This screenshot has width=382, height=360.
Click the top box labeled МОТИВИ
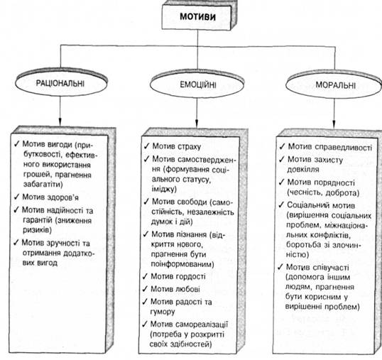pyautogui.click(x=197, y=16)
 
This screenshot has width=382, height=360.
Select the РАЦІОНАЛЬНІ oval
pyautogui.click(x=61, y=83)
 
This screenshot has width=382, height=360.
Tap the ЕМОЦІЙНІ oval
pyautogui.click(x=197, y=84)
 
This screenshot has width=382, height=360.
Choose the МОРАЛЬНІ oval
pyautogui.click(x=334, y=85)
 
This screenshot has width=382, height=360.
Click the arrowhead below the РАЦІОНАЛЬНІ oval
pyautogui.click(x=60, y=121)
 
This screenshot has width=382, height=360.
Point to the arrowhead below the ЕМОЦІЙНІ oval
pyautogui.click(x=197, y=123)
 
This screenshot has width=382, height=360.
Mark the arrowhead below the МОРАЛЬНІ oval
pyautogui.click(x=334, y=124)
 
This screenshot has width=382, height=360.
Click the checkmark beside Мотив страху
pyautogui.click(x=147, y=146)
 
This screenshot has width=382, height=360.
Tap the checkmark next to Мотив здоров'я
pyautogui.click(x=16, y=196)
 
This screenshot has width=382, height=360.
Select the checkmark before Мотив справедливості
pyautogui.click(x=283, y=146)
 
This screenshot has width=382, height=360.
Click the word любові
pyautogui.click(x=187, y=289)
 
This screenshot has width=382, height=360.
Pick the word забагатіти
pyautogui.click(x=43, y=184)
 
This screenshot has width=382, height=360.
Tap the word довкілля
pyautogui.click(x=303, y=170)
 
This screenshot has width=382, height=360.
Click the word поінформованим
pyautogui.click(x=182, y=264)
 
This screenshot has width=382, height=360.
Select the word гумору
pyautogui.click(x=163, y=312)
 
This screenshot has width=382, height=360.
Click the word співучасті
pyautogui.click(x=332, y=268)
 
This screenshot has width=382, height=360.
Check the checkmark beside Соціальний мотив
pyautogui.click(x=281, y=204)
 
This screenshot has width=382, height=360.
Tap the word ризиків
pyautogui.click(x=37, y=231)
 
